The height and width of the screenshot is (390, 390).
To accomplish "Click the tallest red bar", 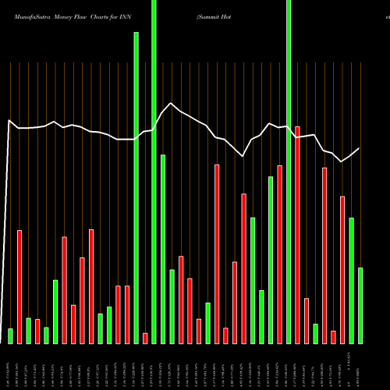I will point(297,234).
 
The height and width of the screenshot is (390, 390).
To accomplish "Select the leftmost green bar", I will point(10,335).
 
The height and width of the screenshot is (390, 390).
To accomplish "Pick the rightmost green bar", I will point(360,305).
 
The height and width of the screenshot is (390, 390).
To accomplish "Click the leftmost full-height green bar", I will point(154,172).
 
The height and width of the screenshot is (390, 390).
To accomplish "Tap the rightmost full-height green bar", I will point(289,172).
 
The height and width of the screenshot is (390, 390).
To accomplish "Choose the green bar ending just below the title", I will point(136,187).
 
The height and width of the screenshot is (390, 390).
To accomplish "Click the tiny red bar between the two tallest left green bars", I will point(145,338).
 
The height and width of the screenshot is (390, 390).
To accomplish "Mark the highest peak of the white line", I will point(172,103).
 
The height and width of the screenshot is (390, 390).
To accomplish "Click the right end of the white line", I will point(360,148).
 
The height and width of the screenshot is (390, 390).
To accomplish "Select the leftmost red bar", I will point(19,286).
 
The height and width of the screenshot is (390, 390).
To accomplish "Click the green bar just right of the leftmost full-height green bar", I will point(163,249).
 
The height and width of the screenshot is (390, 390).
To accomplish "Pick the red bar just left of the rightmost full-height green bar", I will point(279,254).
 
